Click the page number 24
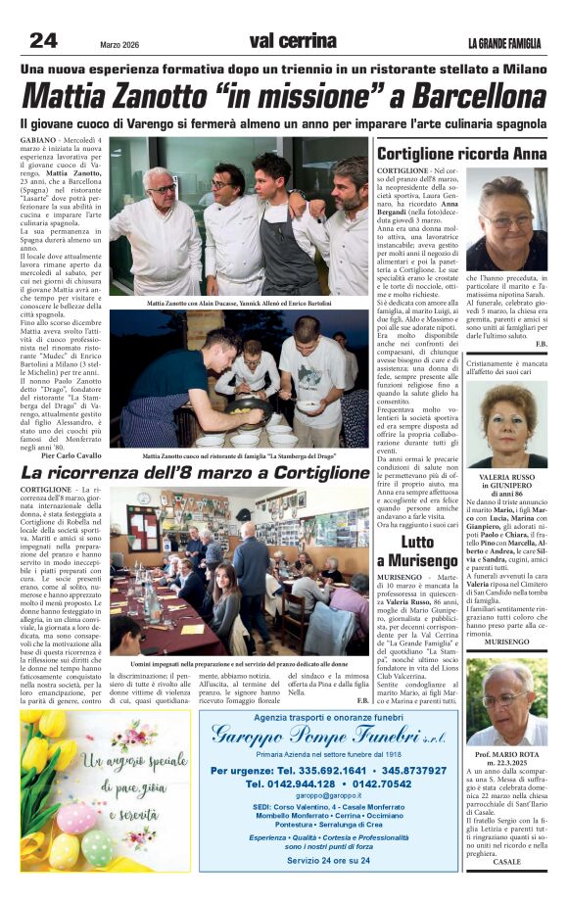44,40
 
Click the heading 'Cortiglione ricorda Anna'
461,154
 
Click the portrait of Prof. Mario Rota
507,703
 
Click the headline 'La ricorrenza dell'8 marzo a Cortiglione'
195,472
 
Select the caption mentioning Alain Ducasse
239,304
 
